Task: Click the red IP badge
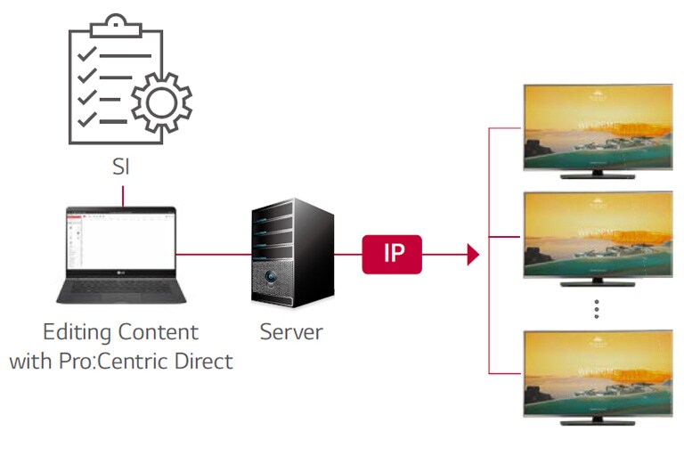392,254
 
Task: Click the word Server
290,333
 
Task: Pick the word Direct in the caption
206,362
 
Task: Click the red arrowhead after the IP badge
473,255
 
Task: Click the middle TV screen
597,235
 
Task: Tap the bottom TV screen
597,373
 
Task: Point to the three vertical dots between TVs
597,308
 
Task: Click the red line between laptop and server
214,255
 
